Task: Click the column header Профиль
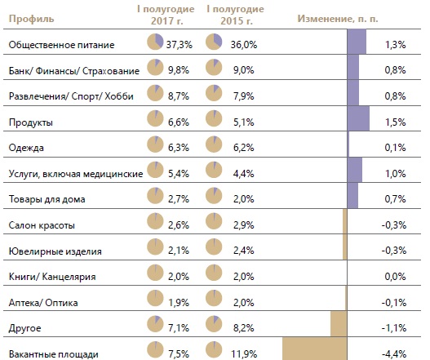click(31, 20)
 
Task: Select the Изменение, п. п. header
click(338, 19)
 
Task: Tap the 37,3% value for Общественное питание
click(180, 44)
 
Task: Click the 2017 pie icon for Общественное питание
click(155, 42)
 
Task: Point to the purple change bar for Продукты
click(358, 118)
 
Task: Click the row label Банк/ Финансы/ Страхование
click(74, 71)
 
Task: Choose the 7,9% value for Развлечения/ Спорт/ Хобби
click(243, 96)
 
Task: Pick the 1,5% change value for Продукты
click(395, 122)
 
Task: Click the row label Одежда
click(26, 148)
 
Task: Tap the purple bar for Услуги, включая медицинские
click(355, 170)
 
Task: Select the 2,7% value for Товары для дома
click(179, 199)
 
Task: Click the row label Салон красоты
click(42, 225)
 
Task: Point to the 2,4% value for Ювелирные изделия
click(243, 251)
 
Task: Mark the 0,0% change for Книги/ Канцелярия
click(395, 276)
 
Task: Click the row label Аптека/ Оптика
click(43, 303)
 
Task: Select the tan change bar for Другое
click(339, 324)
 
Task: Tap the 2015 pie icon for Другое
click(214, 324)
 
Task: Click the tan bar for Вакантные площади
click(315, 349)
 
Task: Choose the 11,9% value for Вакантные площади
click(244, 354)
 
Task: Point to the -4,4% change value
click(394, 354)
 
